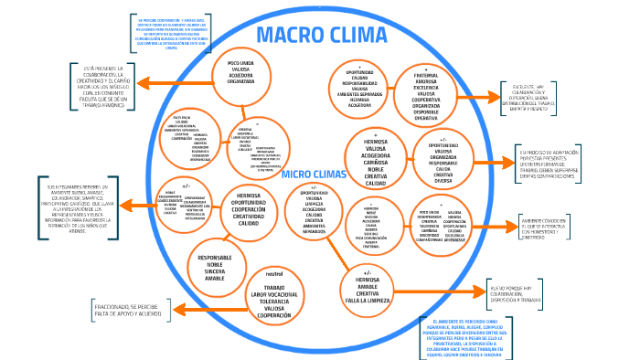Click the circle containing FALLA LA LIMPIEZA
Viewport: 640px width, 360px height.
click(368, 285)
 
